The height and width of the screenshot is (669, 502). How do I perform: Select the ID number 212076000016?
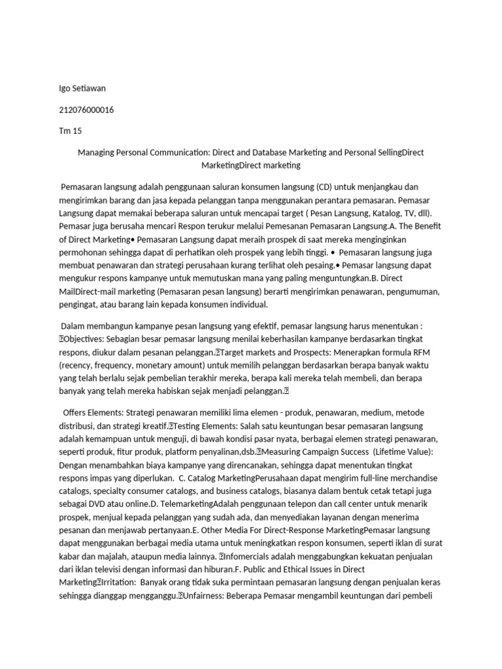86,109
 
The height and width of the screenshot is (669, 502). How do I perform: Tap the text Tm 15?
71,131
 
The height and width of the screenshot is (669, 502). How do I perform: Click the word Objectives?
88,339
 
